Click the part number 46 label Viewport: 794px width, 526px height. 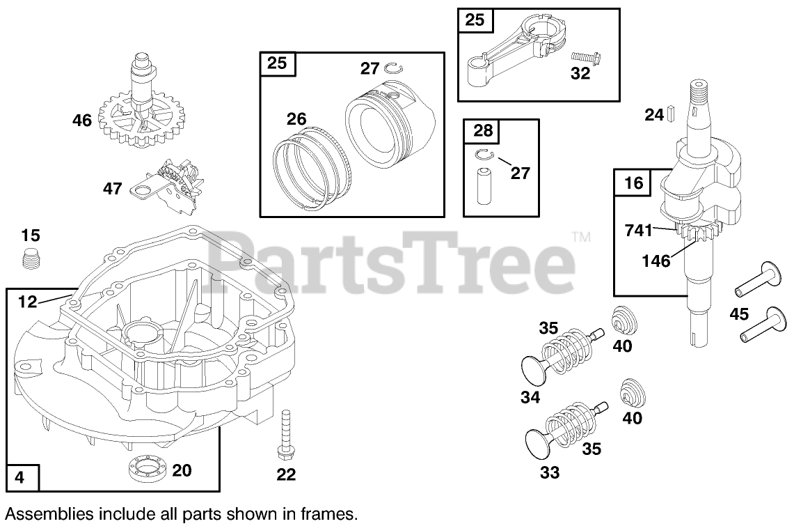click(82, 121)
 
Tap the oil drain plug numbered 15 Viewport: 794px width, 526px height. click(30, 259)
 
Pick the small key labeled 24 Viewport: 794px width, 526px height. click(672, 112)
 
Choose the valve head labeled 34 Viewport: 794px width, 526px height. click(536, 364)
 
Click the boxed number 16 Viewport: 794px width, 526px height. click(633, 185)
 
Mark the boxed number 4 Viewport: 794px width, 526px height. click(19, 478)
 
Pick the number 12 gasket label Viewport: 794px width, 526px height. click(28, 302)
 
